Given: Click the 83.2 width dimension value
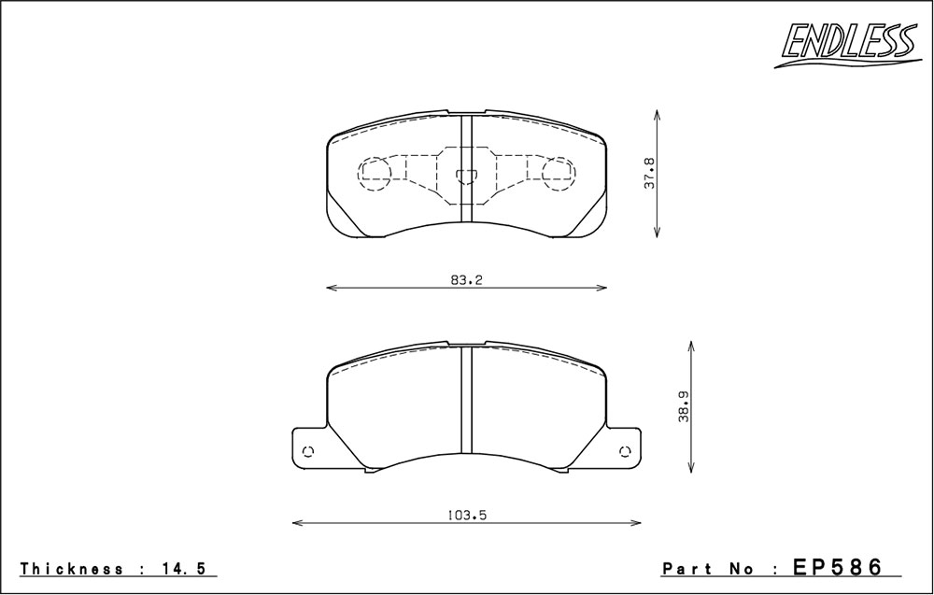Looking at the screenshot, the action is (x=466, y=280).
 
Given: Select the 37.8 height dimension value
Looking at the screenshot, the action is (x=649, y=174).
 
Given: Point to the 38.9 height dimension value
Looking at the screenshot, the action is (x=684, y=407).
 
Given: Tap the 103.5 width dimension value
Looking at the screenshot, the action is (x=467, y=516).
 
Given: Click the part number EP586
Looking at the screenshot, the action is (x=837, y=567).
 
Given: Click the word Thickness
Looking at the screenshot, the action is (x=72, y=569).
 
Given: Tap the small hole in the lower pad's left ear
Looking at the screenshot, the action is (x=308, y=451).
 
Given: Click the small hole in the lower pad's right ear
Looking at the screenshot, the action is (x=625, y=451).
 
